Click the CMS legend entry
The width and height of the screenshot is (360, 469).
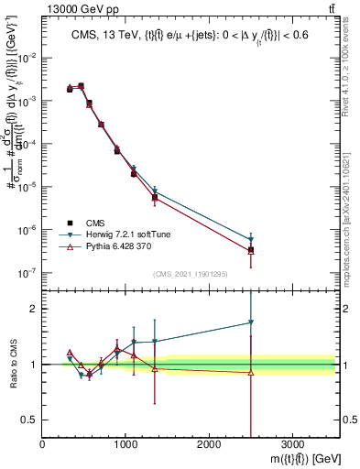point(92,222)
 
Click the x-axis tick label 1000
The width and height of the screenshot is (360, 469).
point(125,444)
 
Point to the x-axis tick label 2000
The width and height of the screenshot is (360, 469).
point(209,444)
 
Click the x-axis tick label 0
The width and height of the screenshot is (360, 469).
point(42,444)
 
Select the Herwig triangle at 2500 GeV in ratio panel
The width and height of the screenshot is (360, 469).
point(251,322)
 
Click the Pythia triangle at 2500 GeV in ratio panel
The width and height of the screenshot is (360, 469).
point(251,372)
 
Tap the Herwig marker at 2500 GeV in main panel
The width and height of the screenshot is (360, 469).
point(251,240)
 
